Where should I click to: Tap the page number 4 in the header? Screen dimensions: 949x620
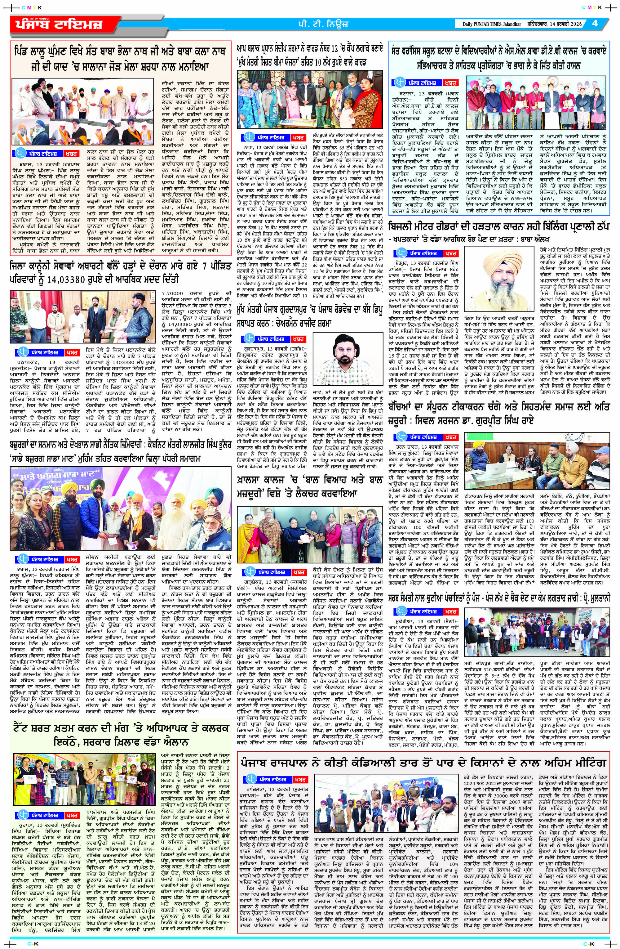point(595,23)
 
